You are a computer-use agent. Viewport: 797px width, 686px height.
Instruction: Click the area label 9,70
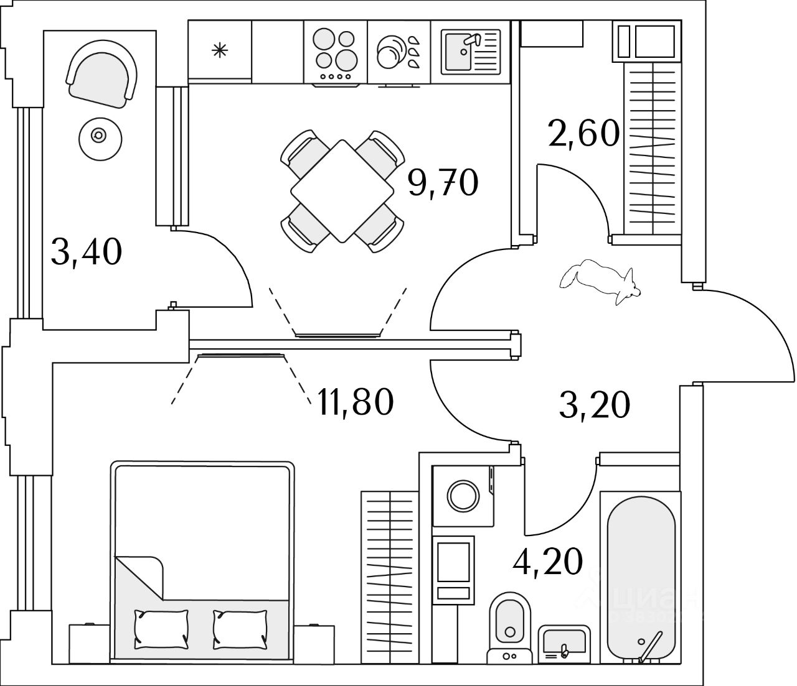pyautogui.click(x=443, y=183)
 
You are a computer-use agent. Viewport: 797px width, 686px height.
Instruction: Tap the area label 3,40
pyautogui.click(x=86, y=253)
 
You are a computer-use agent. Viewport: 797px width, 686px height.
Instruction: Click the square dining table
pyautogui.click(x=341, y=191)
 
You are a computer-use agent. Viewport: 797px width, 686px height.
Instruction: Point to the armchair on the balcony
pyautogui.click(x=102, y=75)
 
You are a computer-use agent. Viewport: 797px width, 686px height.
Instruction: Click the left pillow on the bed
pyautogui.click(x=161, y=627)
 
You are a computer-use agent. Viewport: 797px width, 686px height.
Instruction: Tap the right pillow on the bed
pyautogui.click(x=240, y=627)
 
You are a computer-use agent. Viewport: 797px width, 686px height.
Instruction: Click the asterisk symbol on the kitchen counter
pyautogui.click(x=219, y=51)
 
